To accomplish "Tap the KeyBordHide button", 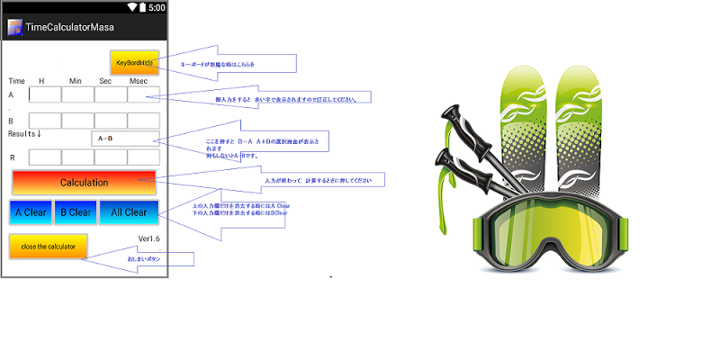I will [134, 62].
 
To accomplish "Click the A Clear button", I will [30, 212].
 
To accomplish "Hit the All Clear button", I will [129, 212].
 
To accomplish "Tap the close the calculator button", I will [48, 246].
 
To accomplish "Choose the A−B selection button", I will [125, 139].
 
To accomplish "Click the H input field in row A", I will [45, 94].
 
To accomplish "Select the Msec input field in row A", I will [143, 94].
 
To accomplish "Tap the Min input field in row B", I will [77, 121].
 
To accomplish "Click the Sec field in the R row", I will [111, 157].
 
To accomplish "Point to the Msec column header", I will [138, 81].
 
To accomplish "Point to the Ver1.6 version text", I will [148, 238].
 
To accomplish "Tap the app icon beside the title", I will [14, 27].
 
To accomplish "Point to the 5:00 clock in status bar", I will [157, 7].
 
